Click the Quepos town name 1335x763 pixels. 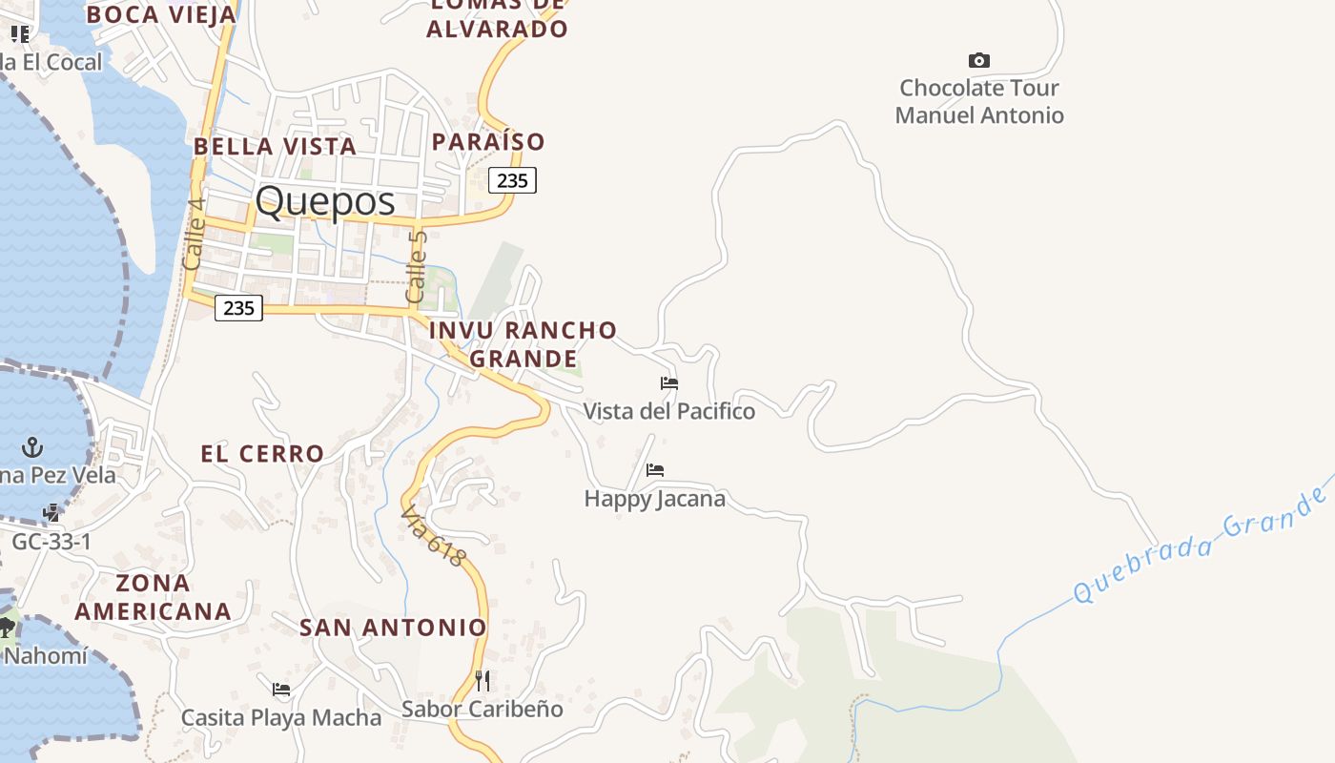pyautogui.click(x=324, y=202)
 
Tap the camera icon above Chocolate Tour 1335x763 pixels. pyautogui.click(x=978, y=61)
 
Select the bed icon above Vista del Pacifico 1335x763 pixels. pyautogui.click(x=669, y=383)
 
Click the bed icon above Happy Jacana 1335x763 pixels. pyautogui.click(x=655, y=470)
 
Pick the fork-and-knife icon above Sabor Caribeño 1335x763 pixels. pyautogui.click(x=483, y=681)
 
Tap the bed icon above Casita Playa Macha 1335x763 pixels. pyautogui.click(x=281, y=690)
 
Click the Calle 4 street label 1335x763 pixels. pyautogui.click(x=195, y=232)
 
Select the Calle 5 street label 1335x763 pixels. pyautogui.click(x=417, y=267)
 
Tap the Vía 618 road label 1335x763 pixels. pyautogui.click(x=434, y=537)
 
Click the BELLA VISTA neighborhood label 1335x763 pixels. pyautogui.click(x=275, y=147)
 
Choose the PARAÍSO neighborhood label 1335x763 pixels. pyautogui.click(x=488, y=142)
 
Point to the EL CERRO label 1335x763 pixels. pyautogui.click(x=262, y=454)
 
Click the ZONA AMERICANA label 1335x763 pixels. pyautogui.click(x=153, y=597)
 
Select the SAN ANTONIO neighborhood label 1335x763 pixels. pyautogui.click(x=393, y=628)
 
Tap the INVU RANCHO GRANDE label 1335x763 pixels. pyautogui.click(x=523, y=344)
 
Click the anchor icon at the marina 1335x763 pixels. pyautogui.click(x=33, y=446)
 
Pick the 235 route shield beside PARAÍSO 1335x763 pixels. pyautogui.click(x=512, y=180)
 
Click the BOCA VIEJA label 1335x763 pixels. pyautogui.click(x=160, y=14)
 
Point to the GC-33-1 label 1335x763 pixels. pyautogui.click(x=51, y=542)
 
